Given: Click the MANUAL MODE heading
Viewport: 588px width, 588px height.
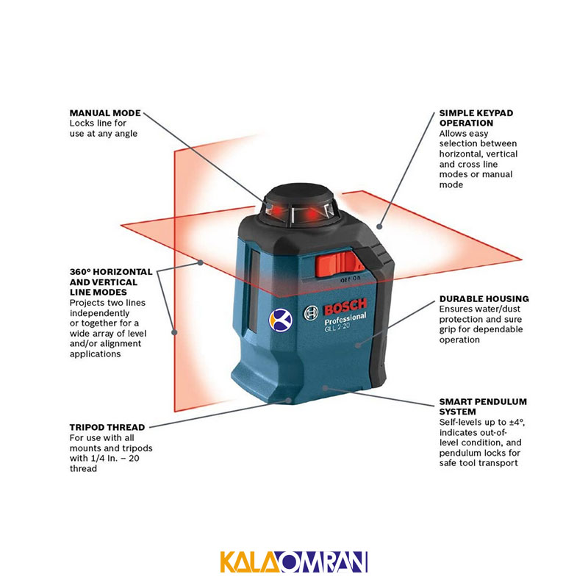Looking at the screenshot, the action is (x=105, y=113).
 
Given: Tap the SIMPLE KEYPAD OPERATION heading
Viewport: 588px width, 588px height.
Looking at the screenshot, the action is (x=476, y=118).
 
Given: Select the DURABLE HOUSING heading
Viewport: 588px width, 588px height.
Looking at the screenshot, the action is (x=484, y=299).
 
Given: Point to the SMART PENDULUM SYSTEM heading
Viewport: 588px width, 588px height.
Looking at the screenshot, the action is (x=483, y=406).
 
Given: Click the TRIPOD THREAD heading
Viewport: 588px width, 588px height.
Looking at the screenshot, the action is (x=107, y=427).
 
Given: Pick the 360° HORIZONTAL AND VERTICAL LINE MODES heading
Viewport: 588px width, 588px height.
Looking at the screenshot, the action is (x=111, y=282).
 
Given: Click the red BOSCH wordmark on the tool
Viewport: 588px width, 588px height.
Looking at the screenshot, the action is (x=345, y=306).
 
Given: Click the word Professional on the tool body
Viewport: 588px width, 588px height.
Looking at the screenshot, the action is (x=345, y=319).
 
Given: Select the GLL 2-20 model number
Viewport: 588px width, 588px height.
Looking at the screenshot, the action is (x=337, y=327).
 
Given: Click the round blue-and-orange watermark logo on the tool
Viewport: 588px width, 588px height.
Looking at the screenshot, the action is (x=281, y=320).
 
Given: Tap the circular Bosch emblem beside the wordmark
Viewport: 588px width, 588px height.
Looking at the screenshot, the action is (x=311, y=313).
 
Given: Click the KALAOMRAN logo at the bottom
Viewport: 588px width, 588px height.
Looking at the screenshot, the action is (x=293, y=562).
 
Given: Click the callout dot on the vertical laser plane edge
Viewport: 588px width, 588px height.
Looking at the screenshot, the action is (x=174, y=332).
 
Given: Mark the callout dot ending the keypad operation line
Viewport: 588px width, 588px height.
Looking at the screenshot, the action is (x=379, y=226).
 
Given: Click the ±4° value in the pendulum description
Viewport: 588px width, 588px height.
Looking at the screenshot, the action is (x=517, y=422).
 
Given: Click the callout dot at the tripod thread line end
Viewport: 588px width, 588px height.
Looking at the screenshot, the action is (x=288, y=401).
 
